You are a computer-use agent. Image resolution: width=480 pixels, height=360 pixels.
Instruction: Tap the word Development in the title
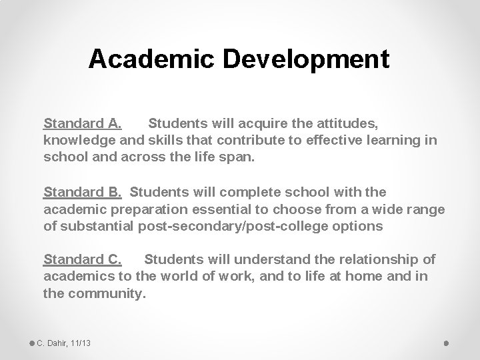(306, 59)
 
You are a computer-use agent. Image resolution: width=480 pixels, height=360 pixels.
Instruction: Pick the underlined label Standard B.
(83, 193)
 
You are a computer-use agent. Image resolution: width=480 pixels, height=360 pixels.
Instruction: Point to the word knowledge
(75, 141)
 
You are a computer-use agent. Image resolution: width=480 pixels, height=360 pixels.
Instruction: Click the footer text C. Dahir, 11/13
(64, 343)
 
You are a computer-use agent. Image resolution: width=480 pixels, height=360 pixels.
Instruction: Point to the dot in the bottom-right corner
(446, 343)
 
